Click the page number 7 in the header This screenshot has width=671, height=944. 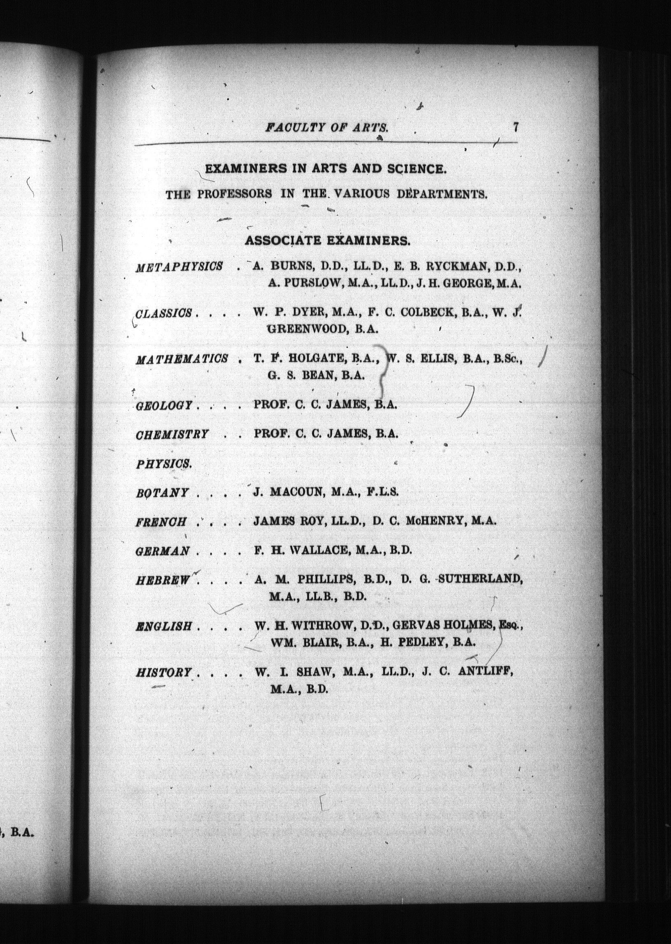point(515,126)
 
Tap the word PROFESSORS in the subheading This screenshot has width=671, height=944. point(234,194)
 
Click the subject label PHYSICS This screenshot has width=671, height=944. point(164,464)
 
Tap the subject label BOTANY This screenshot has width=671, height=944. point(162,493)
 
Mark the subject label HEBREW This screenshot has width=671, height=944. point(163,580)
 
